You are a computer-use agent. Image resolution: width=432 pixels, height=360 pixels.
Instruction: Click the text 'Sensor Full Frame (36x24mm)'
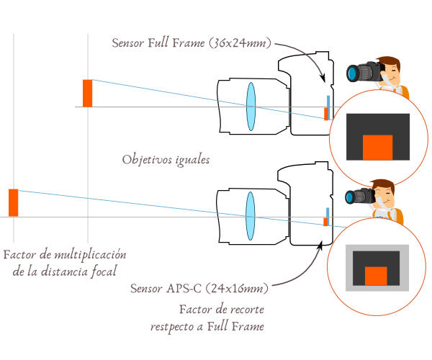[x=192, y=43]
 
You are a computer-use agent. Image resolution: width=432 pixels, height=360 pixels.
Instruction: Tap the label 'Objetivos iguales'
[x=166, y=159]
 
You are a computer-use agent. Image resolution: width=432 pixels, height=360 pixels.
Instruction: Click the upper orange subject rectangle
[x=87, y=93]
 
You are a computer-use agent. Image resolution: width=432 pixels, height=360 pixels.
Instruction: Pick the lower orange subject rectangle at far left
[x=13, y=202]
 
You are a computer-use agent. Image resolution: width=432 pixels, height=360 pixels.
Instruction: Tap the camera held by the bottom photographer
[x=359, y=197]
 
